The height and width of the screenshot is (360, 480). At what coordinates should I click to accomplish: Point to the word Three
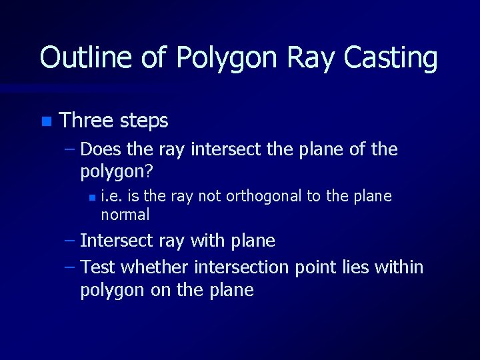(86, 121)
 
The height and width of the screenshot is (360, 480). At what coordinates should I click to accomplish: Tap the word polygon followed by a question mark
(113, 173)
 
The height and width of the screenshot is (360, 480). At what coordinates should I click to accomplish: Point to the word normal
(125, 215)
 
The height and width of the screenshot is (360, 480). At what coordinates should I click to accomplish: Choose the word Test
(98, 267)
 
